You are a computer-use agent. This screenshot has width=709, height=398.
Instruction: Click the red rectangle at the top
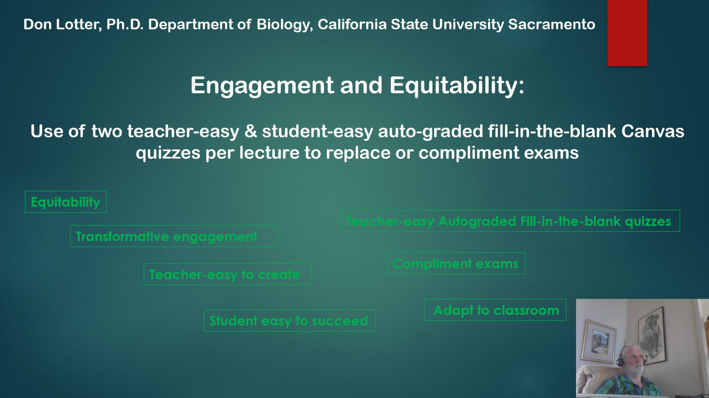[627, 33]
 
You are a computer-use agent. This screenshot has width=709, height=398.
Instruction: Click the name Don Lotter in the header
[63, 24]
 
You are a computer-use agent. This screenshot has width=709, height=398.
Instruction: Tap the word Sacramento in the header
[552, 24]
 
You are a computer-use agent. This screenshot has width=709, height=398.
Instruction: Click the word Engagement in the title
[262, 86]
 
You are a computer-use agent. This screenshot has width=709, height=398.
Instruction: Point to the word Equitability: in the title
[457, 86]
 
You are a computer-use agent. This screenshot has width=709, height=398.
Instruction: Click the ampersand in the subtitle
[250, 131]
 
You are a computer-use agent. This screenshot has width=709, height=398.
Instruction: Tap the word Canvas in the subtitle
[653, 131]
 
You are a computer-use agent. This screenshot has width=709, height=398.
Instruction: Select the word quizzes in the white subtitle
[168, 153]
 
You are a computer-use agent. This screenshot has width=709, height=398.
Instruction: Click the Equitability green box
[66, 202]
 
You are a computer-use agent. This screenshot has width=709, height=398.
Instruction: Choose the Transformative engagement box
[174, 236]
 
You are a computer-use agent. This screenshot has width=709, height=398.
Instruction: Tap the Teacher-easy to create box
[227, 274]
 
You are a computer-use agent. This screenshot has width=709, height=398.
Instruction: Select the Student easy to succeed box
[290, 321]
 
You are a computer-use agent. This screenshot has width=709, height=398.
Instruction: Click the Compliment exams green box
[456, 263]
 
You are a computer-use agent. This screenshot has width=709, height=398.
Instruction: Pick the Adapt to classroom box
[495, 310]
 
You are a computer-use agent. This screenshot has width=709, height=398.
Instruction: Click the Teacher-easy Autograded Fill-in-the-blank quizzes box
[510, 221]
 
